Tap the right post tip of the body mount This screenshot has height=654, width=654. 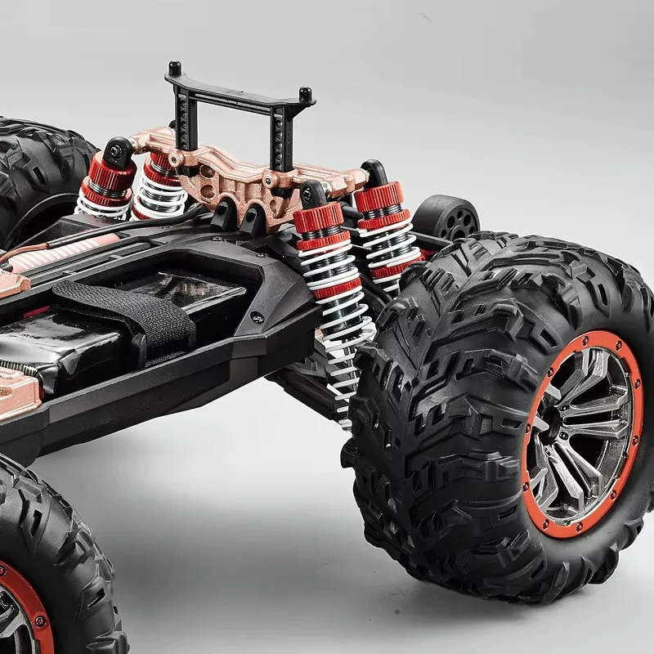pyautogui.click(x=305, y=93)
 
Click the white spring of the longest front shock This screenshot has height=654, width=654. pyautogui.click(x=335, y=302)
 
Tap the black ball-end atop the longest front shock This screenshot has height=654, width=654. pyautogui.click(x=313, y=195)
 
